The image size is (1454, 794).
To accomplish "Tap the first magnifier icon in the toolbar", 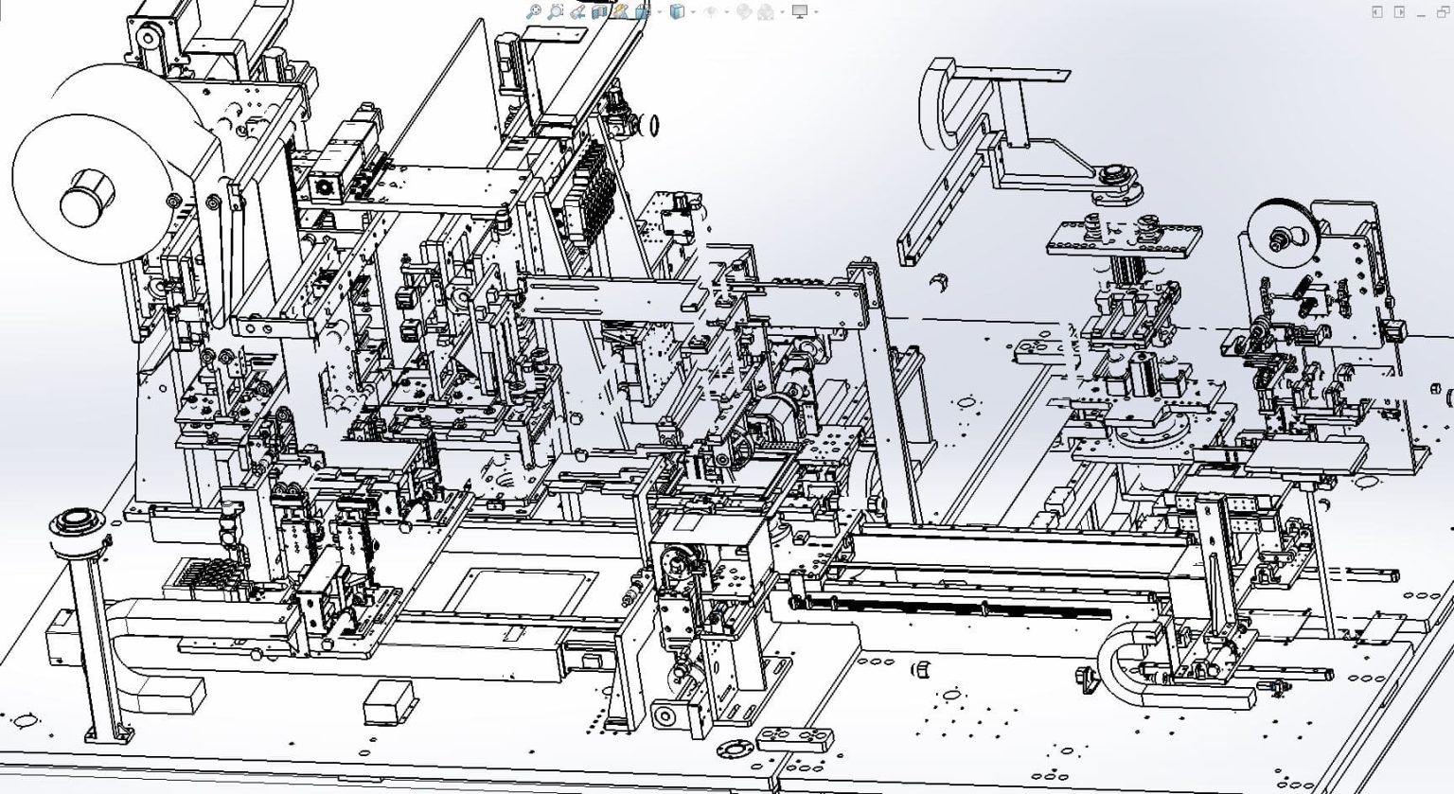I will [x=534, y=11].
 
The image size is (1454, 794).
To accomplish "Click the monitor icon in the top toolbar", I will [x=800, y=11].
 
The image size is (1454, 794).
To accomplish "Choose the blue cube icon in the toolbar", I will [x=677, y=11].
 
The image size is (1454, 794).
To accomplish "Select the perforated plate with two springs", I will [x=1124, y=237].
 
